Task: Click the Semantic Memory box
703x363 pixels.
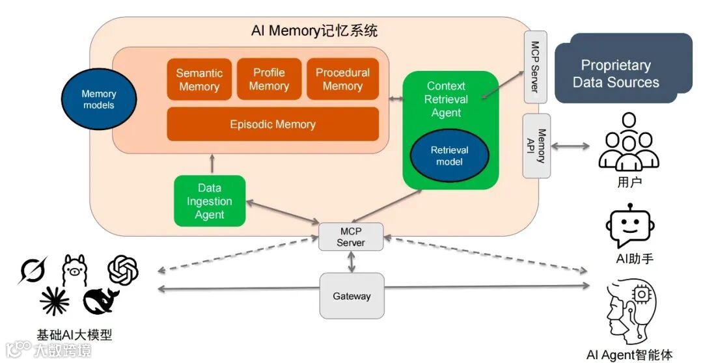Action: (199, 80)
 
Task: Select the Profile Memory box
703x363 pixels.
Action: (269, 79)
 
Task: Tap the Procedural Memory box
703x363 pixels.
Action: (342, 79)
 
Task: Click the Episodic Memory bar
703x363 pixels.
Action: (273, 124)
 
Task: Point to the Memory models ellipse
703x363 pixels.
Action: (98, 100)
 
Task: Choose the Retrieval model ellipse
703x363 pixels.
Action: (449, 155)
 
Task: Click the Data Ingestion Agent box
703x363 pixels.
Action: (210, 201)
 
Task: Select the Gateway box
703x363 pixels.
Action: (351, 296)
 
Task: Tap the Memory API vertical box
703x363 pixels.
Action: (537, 146)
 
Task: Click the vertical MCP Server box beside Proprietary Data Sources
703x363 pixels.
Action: (536, 66)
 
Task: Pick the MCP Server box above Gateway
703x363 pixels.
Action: (351, 237)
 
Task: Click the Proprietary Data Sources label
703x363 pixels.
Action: (616, 74)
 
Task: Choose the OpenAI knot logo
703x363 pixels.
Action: (124, 269)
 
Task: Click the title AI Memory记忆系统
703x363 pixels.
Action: (314, 31)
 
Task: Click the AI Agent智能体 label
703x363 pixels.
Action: (629, 355)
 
